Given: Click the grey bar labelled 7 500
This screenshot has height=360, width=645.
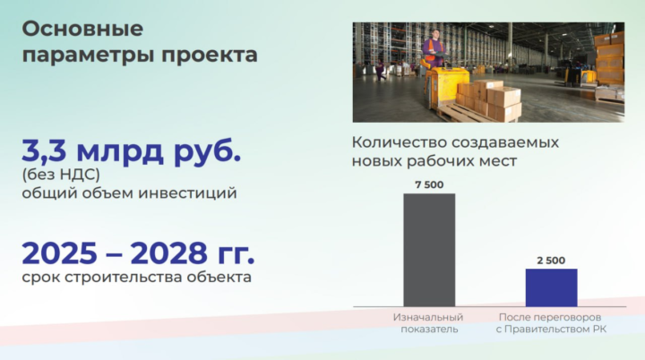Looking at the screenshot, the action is tap(429, 250).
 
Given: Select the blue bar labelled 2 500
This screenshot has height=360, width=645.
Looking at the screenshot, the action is tap(551, 287).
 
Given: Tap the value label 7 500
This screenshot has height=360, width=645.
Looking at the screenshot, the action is tap(429, 184).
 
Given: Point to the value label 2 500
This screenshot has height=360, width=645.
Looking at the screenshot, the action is tap(551, 261).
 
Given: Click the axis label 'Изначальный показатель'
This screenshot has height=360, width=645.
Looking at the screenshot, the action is tap(428, 323).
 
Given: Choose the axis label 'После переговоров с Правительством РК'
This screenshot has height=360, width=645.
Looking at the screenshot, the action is tap(551, 323).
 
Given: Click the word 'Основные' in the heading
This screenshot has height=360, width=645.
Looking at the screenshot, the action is tap(82, 30).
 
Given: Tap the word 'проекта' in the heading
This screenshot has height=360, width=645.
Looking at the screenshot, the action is tap(210, 56).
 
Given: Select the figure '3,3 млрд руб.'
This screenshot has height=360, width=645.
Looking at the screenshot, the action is tap(131, 151).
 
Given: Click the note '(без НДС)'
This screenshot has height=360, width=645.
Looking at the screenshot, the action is tap(61, 175).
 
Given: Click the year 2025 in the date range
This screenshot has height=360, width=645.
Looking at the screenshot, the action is tap(60, 253).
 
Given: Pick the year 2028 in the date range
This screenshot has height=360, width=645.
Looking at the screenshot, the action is tap(169, 253).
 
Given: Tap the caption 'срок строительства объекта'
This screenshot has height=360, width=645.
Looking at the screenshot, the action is tap(136, 277).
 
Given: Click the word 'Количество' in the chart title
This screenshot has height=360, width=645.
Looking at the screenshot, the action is tap(399, 142).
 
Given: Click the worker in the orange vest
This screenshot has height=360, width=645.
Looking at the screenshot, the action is tap(434, 48).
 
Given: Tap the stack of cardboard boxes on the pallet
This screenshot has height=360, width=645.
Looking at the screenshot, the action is tap(489, 100).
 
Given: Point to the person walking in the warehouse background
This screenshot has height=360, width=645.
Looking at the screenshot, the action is tap(381, 71).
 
